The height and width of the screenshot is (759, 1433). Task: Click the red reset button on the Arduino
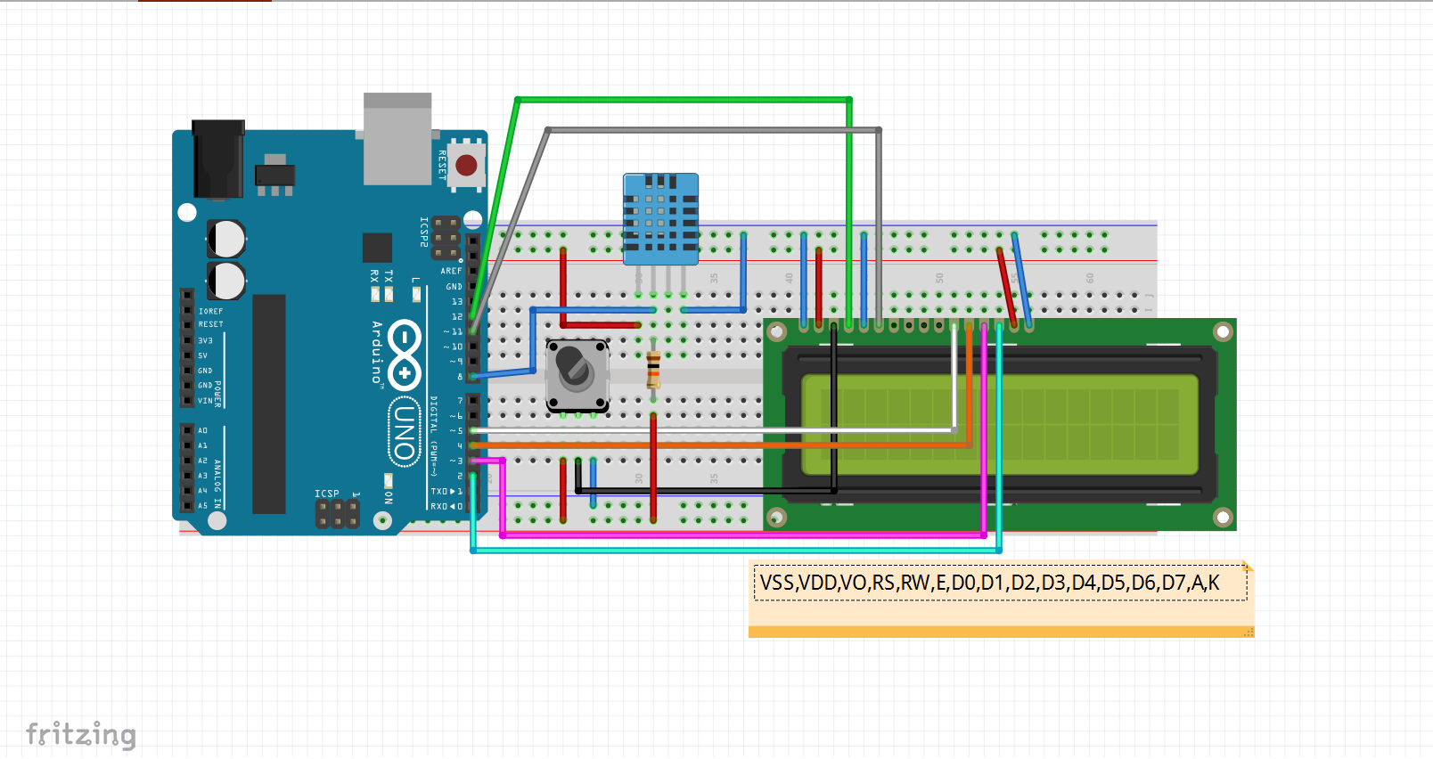[466, 166]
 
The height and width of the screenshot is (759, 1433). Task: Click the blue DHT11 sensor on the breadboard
[660, 217]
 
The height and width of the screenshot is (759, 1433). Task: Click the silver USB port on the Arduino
[397, 138]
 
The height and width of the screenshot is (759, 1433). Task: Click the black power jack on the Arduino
[218, 159]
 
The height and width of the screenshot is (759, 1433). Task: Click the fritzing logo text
[81, 734]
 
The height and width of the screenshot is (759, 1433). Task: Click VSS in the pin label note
[776, 584]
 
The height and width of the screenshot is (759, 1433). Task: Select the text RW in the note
[915, 584]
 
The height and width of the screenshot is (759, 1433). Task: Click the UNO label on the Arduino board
[404, 432]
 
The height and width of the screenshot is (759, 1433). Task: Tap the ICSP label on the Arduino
[326, 494]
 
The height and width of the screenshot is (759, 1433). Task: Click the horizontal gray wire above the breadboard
[713, 130]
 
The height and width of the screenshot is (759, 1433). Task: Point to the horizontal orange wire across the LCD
[713, 445]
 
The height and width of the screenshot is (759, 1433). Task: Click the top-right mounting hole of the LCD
[1223, 332]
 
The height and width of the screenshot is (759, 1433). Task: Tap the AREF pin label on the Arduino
[451, 271]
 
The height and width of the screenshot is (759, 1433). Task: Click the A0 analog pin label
[202, 430]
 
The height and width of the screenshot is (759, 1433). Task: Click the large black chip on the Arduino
[268, 404]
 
